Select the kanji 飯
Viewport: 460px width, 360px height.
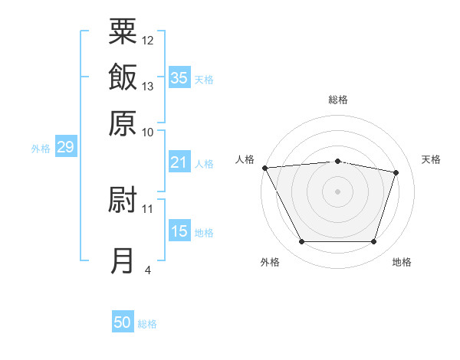click(x=123, y=77)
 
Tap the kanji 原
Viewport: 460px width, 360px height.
click(x=123, y=123)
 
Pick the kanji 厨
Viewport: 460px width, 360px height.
click(x=123, y=200)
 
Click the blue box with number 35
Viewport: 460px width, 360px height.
click(x=179, y=77)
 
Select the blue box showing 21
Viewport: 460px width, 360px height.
click(x=179, y=162)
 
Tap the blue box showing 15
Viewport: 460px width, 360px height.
click(x=179, y=231)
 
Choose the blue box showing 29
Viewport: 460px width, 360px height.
click(x=65, y=147)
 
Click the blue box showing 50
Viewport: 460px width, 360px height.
click(x=123, y=322)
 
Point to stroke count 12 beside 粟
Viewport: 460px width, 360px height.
click(x=148, y=40)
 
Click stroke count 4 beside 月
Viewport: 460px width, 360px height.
click(x=148, y=270)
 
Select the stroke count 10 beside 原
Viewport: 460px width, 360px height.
click(x=148, y=132)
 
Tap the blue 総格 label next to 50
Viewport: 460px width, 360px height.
click(x=148, y=324)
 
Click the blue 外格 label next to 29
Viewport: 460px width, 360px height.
click(x=41, y=149)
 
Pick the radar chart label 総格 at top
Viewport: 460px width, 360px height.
click(x=338, y=100)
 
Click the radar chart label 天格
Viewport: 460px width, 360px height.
click(x=431, y=159)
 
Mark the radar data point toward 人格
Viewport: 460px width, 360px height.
click(x=264, y=168)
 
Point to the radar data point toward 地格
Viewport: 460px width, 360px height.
click(x=373, y=242)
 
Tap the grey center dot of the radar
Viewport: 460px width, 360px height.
click(x=338, y=191)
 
